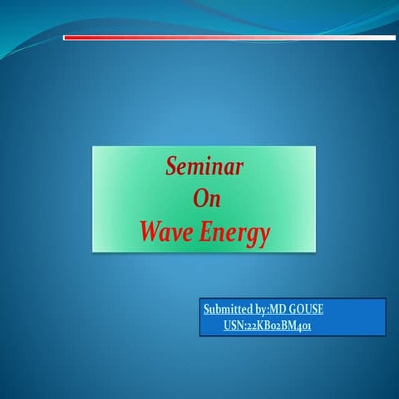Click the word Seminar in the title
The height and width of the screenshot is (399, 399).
click(x=204, y=167)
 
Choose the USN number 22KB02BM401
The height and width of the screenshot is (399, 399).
click(x=278, y=327)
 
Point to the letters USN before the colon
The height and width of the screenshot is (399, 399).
click(x=233, y=327)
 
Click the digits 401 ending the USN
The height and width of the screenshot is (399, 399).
click(x=303, y=327)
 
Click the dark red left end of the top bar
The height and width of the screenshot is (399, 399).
click(x=70, y=37)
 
